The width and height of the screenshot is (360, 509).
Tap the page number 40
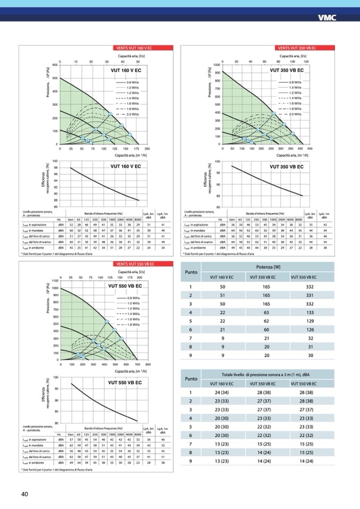point(24,494)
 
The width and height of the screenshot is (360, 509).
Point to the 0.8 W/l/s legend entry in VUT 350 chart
point(295,83)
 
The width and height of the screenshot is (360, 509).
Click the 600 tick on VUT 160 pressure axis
point(55,65)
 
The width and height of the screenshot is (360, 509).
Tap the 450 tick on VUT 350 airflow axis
point(310,149)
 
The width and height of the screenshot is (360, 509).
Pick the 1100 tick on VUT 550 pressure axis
point(54,281)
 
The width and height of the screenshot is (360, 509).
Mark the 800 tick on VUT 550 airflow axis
point(148,365)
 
